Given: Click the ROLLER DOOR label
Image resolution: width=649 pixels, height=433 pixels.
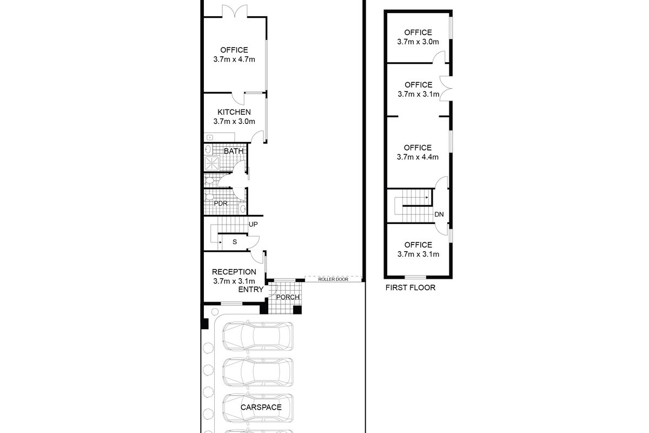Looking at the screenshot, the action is pos(333,279).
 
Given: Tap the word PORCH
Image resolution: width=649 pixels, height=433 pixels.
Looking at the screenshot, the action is pos(288,297).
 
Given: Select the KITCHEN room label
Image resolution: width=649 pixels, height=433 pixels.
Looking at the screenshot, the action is pos(234,112).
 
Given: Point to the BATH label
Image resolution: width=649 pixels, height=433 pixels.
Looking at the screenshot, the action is pos(234,151).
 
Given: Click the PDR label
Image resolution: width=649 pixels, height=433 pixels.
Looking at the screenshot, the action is pos(221,204).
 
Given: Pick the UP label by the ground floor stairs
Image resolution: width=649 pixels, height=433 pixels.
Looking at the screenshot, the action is pos(253,224).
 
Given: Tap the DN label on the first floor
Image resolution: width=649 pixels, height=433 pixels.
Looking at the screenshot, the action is pos(439,214).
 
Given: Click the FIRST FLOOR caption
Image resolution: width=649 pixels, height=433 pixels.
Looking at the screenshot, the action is pos(410,288).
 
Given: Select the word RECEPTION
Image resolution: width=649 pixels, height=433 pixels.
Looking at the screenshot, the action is pos(234,272).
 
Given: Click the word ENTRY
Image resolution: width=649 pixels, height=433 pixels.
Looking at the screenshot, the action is pos(251,290).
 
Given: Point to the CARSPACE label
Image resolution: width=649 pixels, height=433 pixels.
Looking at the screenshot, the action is pos(261,407).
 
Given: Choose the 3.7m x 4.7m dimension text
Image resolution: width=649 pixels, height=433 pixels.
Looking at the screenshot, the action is pos(234,60).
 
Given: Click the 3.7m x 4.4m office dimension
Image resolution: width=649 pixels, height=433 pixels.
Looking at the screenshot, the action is pos(418,157).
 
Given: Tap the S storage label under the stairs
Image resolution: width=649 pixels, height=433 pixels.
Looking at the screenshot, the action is pos(235,242).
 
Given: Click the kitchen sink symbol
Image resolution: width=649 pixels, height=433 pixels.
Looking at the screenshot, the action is pos(210,137).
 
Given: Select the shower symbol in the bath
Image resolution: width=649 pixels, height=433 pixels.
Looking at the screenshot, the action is pos(212,163).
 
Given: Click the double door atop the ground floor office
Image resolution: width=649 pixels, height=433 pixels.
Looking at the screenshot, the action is pos(235,11).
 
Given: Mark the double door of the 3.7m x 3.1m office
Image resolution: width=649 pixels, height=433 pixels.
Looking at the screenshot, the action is pos(446,88).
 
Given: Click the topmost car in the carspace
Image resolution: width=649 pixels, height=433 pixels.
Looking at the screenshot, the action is pos(258,336).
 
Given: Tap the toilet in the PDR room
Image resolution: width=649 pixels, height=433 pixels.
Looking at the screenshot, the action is pos(209,197).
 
